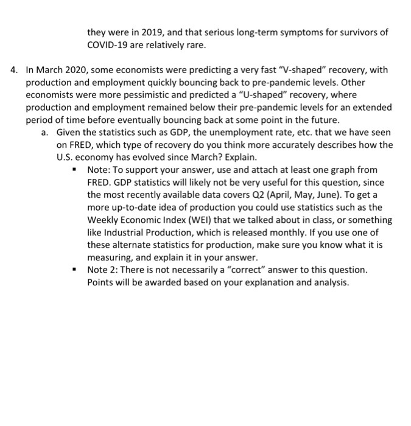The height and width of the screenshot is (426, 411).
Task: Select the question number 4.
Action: pyautogui.click(x=15, y=70)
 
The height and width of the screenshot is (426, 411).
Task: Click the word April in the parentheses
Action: pyautogui.click(x=303, y=194)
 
